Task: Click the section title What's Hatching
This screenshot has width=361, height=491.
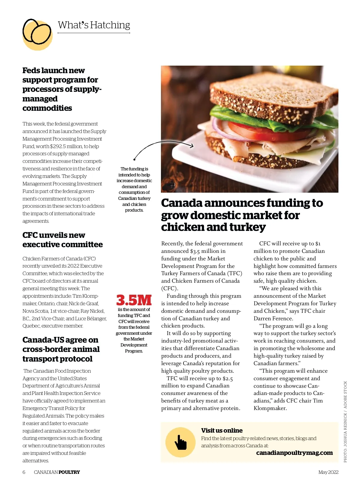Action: pyautogui.click(x=94, y=25)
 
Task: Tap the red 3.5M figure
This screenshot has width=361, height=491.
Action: pyautogui.click(x=134, y=300)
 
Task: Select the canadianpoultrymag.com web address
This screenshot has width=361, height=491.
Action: pyautogui.click(x=294, y=453)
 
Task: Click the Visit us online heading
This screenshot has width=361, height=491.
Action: pyautogui.click(x=222, y=430)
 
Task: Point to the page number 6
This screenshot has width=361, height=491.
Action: pyautogui.click(x=24, y=472)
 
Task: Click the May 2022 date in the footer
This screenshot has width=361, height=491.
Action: pyautogui.click(x=328, y=472)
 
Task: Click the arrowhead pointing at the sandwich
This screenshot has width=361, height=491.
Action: pyautogui.click(x=191, y=146)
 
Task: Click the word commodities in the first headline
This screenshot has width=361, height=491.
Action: pyautogui.click(x=47, y=108)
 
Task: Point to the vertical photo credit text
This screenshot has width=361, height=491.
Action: pyautogui.click(x=345, y=421)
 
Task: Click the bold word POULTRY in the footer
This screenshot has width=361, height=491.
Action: pyautogui.click(x=69, y=472)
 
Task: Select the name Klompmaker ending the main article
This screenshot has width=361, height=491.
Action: pyautogui.click(x=270, y=409)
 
